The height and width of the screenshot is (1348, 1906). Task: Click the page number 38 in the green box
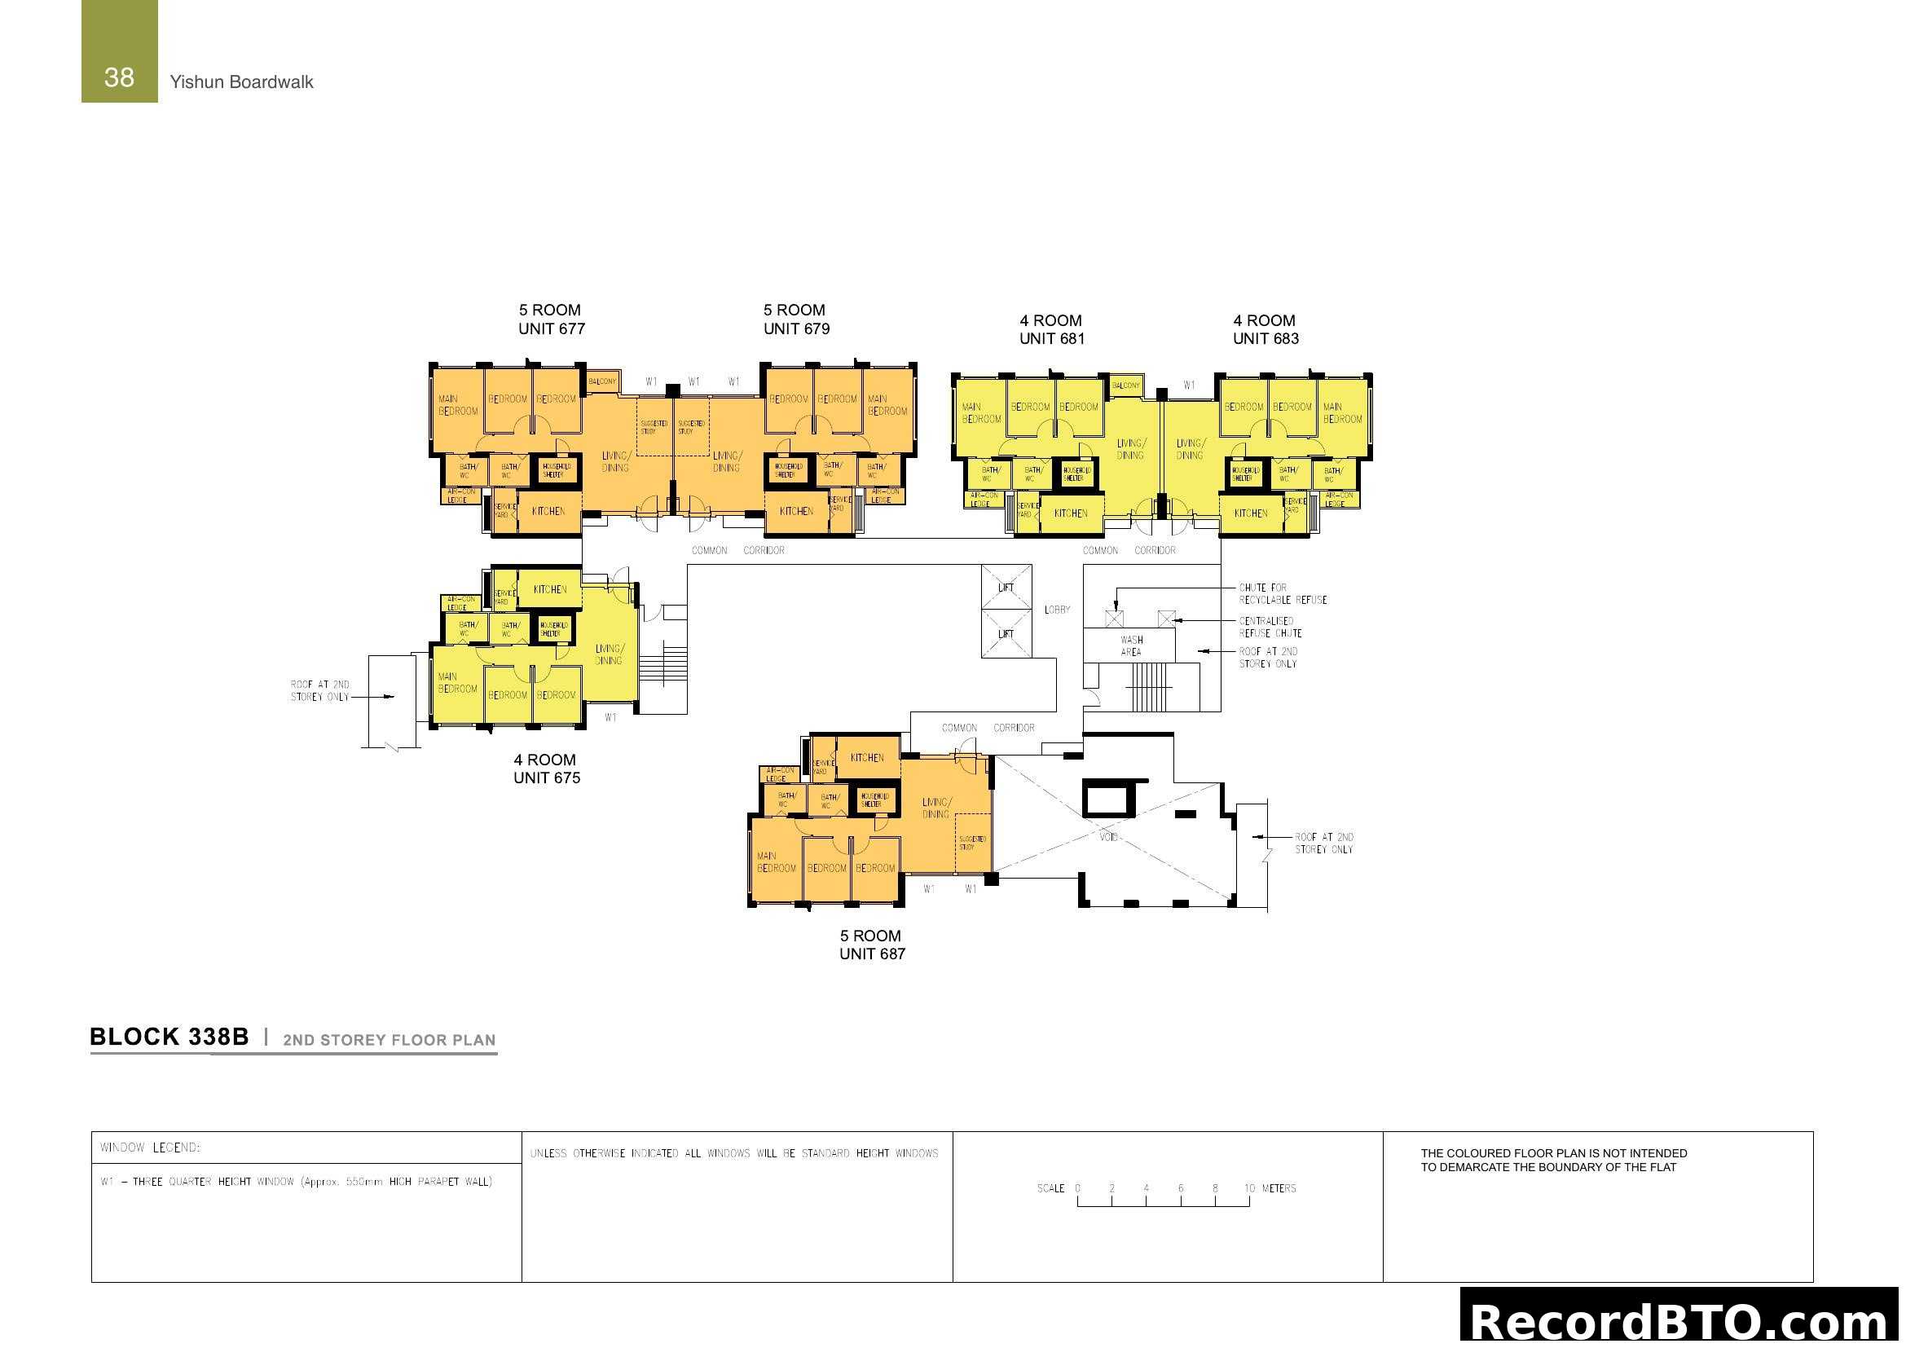point(119,77)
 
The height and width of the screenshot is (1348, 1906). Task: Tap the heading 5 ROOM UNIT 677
point(551,319)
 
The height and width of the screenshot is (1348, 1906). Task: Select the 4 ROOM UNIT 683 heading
point(1266,329)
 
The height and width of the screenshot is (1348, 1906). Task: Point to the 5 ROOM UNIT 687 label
point(872,945)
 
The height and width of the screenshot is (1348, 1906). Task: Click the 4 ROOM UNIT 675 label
point(546,769)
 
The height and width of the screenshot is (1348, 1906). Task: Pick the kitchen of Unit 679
point(796,511)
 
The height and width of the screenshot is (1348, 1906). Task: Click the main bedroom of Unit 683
point(1342,413)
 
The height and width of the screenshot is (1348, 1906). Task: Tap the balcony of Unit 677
point(602,381)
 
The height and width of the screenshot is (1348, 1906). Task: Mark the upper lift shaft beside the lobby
point(1006,587)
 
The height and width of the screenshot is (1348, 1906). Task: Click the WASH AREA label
point(1131,645)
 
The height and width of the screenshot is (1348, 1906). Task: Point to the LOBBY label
point(1057,610)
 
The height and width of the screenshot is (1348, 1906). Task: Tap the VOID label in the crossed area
point(1109,837)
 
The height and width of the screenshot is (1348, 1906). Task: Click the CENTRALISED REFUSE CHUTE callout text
point(1270,627)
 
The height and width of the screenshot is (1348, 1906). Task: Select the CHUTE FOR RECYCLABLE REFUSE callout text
point(1283,593)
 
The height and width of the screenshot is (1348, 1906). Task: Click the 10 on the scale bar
point(1249,1188)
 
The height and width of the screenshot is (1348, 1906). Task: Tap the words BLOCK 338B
point(169,1037)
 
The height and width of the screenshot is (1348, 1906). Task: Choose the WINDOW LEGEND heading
point(149,1148)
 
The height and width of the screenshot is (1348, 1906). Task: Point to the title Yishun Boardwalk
point(241,82)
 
